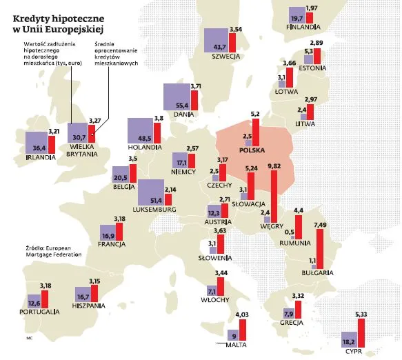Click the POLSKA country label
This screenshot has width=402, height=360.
click(x=253, y=150)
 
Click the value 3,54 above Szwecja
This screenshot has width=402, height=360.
click(x=237, y=29)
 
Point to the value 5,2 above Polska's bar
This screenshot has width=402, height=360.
click(x=255, y=113)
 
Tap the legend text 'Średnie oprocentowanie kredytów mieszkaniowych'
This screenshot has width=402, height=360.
click(x=116, y=54)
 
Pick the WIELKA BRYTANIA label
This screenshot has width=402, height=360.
click(x=81, y=150)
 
